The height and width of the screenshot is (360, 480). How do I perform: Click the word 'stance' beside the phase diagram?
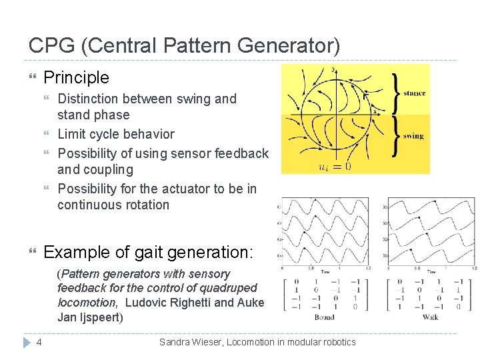click(414, 93)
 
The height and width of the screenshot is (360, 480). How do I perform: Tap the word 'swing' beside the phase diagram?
click(413, 136)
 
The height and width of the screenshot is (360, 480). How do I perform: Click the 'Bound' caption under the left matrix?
click(324, 317)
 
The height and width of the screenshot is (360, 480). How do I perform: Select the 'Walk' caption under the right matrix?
click(430, 317)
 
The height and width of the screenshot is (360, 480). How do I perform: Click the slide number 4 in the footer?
click(39, 343)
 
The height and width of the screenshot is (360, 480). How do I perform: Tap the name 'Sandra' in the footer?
click(176, 343)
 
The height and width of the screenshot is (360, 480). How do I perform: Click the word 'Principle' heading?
click(76, 77)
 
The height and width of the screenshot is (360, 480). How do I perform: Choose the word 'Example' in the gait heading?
click(73, 253)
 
